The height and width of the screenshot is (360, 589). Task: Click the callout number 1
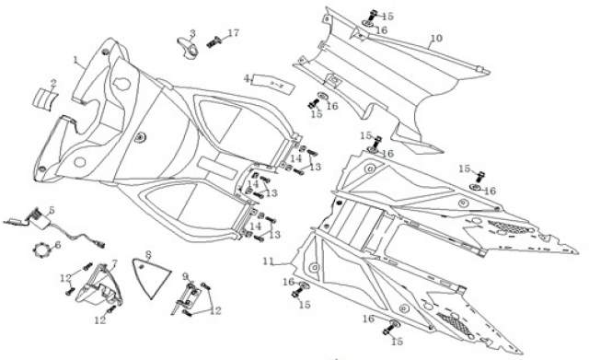tap(75, 60)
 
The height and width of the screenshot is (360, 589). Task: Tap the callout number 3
tap(192, 33)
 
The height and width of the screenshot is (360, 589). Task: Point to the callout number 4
tap(247, 78)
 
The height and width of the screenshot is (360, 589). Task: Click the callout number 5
tap(52, 211)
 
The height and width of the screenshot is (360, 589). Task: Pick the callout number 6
tap(57, 245)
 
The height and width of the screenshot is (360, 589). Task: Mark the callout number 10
tap(436, 39)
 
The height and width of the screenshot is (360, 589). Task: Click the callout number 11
tap(268, 261)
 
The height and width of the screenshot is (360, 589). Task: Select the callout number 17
tap(233, 33)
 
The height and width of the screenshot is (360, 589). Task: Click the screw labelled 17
tap(214, 41)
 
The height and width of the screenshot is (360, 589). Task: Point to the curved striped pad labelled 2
tap(45, 99)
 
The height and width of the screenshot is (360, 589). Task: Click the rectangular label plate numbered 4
tap(273, 86)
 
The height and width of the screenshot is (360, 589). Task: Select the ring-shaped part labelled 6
tap(40, 250)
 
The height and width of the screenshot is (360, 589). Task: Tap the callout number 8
tap(148, 255)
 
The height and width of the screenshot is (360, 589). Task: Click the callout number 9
tap(185, 277)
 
